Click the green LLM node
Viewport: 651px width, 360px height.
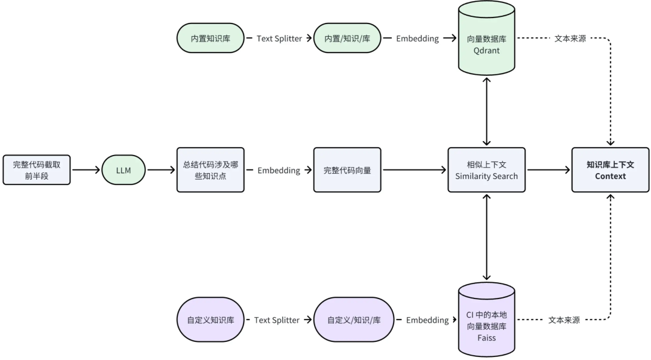(124, 170)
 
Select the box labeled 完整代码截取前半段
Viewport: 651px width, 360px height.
(37, 170)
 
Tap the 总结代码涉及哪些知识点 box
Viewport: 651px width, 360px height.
(210, 170)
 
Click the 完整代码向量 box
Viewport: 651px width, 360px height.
(347, 170)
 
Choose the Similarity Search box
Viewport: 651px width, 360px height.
(486, 170)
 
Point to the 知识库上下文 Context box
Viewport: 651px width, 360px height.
(610, 170)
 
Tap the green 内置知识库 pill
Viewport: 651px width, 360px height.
(210, 38)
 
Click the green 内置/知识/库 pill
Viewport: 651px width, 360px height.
(347, 38)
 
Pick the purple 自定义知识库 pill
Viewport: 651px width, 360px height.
(210, 320)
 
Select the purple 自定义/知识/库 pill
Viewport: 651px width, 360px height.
(354, 320)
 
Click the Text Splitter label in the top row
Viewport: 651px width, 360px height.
(279, 38)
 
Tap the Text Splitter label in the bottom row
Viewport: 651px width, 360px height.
(277, 320)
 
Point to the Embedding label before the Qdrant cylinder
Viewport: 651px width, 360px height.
(417, 38)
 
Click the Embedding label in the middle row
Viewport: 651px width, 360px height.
(278, 170)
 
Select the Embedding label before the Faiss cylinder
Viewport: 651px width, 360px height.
(427, 320)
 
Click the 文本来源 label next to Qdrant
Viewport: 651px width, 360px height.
(570, 38)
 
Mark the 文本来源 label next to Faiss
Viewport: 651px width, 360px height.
(564, 320)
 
